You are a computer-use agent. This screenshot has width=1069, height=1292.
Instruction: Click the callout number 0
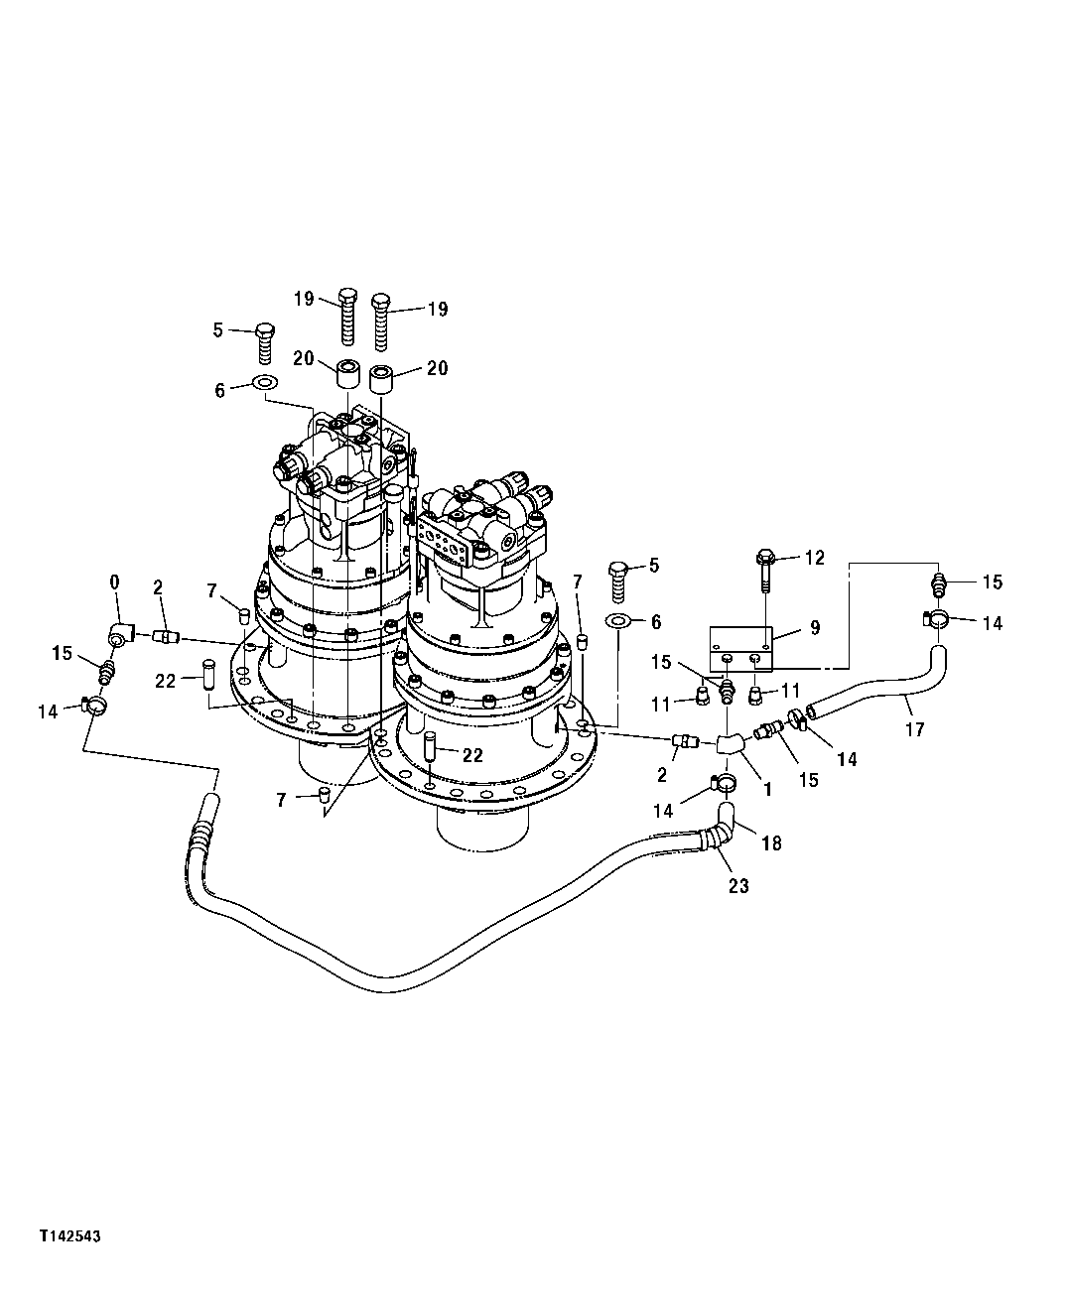114,581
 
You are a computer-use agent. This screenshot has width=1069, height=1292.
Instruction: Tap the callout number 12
814,559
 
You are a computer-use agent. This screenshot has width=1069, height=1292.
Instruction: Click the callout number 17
914,729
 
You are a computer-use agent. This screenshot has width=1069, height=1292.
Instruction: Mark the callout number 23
737,886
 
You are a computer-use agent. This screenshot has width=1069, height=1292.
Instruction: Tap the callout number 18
771,843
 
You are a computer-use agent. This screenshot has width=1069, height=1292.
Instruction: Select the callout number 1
766,790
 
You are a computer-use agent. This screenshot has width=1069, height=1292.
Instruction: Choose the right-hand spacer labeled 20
381,380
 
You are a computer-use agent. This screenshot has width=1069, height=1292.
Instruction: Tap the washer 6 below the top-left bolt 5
265,383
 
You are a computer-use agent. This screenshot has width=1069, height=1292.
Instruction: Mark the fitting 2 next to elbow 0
165,635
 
